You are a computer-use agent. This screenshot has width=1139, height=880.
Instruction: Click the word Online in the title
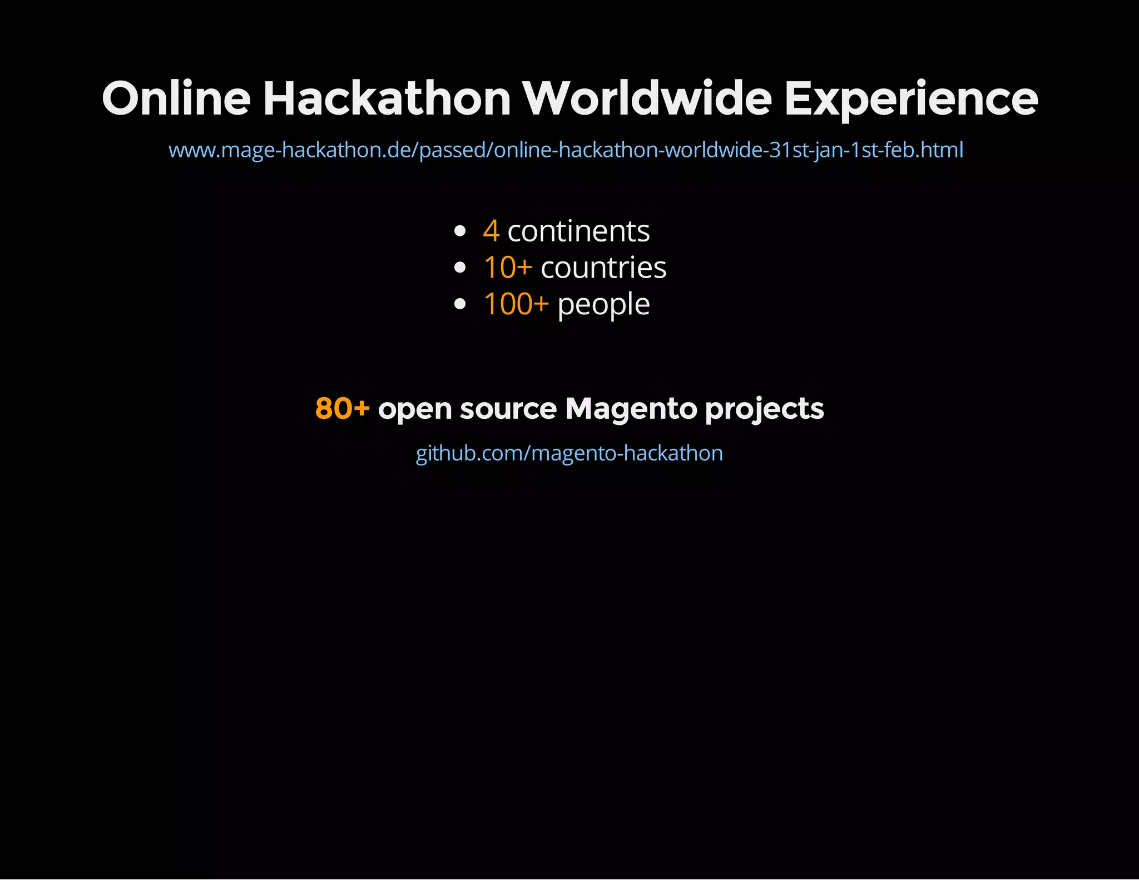(x=176, y=98)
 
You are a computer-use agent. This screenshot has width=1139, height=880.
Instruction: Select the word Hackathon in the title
(x=387, y=98)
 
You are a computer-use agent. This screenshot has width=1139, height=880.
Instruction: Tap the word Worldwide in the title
(x=647, y=98)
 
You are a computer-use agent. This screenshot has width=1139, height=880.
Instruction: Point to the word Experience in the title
(x=910, y=98)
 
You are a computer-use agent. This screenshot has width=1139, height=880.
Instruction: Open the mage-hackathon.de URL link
(x=566, y=150)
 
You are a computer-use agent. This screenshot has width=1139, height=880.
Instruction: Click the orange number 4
(x=491, y=231)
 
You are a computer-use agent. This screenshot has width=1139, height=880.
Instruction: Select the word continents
(x=578, y=231)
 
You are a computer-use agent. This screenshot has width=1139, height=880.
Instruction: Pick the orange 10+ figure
(x=508, y=268)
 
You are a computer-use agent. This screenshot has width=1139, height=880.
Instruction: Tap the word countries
(x=603, y=268)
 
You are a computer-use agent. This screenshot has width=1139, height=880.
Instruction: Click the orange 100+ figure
(x=516, y=304)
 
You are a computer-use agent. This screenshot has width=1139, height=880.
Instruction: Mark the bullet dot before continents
(x=459, y=231)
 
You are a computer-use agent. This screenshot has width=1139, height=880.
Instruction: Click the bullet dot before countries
(x=459, y=268)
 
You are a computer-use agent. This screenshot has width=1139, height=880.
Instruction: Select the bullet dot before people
(x=459, y=304)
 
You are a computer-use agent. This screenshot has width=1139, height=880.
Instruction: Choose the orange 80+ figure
(x=342, y=408)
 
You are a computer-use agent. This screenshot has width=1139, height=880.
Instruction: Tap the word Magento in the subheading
(x=631, y=409)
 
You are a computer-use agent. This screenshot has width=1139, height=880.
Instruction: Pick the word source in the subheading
(x=508, y=409)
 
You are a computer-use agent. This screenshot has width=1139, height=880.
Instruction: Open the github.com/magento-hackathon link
(x=569, y=453)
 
